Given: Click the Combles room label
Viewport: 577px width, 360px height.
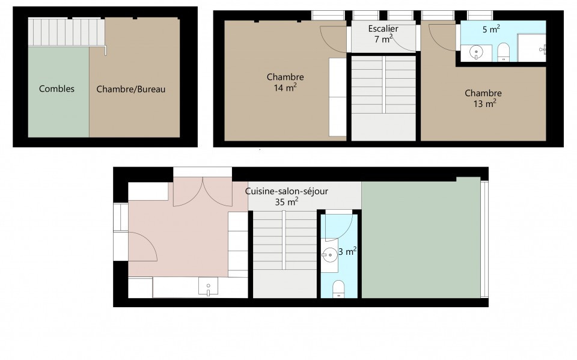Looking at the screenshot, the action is pyautogui.click(x=56, y=89).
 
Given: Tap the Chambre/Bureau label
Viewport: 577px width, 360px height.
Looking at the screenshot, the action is pyautogui.click(x=130, y=89).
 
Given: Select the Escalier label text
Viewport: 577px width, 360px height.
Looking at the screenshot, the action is pyautogui.click(x=383, y=28).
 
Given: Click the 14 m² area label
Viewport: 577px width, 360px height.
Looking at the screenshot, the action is pyautogui.click(x=285, y=88).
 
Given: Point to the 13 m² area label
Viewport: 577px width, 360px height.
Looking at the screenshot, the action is pyautogui.click(x=484, y=103).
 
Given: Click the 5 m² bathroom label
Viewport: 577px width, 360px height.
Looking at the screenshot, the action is pyautogui.click(x=491, y=29).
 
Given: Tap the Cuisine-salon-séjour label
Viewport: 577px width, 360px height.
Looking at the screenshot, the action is pyautogui.click(x=287, y=191).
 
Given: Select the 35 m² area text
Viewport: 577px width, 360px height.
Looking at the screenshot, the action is pyautogui.click(x=287, y=202).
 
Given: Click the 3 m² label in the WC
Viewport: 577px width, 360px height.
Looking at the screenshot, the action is pyautogui.click(x=347, y=251).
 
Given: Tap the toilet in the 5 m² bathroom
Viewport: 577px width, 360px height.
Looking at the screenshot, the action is pyautogui.click(x=504, y=52).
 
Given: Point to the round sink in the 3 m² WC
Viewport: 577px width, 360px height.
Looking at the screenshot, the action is pyautogui.click(x=329, y=255).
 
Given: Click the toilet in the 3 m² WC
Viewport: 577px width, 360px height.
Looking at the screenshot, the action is pyautogui.click(x=338, y=289).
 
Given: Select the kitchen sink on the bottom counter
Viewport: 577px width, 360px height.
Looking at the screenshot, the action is pyautogui.click(x=208, y=287).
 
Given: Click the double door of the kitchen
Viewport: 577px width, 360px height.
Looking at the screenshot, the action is pyautogui.click(x=203, y=191).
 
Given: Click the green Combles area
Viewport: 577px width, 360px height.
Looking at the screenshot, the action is pyautogui.click(x=58, y=92).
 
